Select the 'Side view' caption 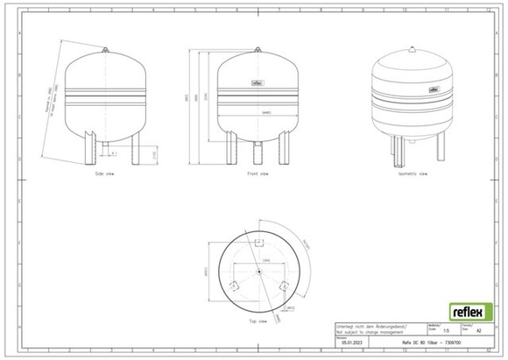(106, 174)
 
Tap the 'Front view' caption (258, 174)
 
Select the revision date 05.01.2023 (349, 344)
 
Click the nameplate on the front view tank (258, 84)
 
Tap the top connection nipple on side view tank (107, 51)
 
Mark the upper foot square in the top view (258, 243)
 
